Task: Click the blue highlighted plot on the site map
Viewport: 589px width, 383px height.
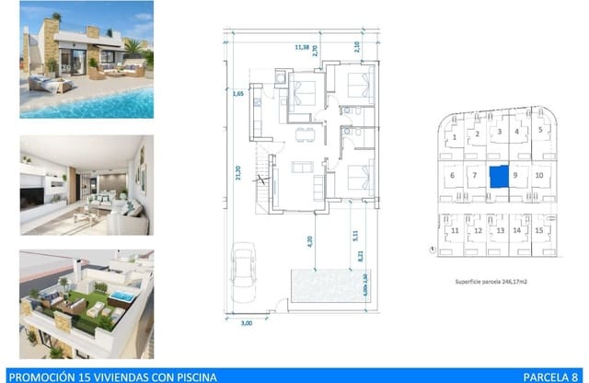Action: (497, 177)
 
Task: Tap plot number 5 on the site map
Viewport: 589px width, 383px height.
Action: (541, 131)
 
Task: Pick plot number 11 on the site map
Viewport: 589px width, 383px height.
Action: (455, 230)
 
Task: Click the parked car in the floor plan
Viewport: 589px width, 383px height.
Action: (244, 269)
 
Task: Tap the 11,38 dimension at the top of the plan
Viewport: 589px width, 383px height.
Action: (301, 45)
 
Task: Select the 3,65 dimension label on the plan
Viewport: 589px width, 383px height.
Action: (237, 94)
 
